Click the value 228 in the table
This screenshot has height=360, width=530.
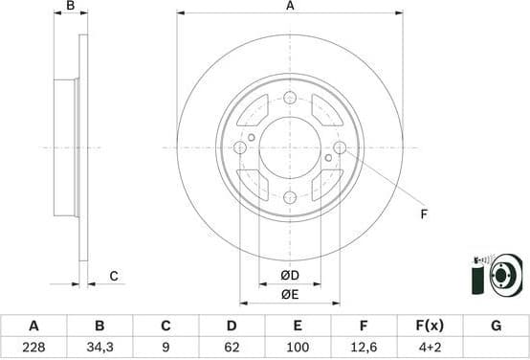click(x=33, y=349)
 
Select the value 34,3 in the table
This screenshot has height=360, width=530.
click(x=99, y=349)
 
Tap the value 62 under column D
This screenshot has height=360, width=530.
click(x=231, y=349)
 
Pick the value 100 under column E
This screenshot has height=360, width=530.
click(x=298, y=349)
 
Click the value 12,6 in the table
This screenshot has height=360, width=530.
click(x=364, y=349)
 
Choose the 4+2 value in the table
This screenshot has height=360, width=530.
click(x=430, y=349)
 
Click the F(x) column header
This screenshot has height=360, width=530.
click(x=430, y=326)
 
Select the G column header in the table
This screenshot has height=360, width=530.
click(x=496, y=326)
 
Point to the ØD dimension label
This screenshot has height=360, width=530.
click(x=290, y=277)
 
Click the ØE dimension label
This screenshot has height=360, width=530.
click(x=290, y=294)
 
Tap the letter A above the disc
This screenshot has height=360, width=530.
click(x=290, y=7)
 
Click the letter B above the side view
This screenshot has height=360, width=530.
click(x=70, y=7)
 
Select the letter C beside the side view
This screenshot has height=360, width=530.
click(x=113, y=277)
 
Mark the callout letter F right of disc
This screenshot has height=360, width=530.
click(x=424, y=214)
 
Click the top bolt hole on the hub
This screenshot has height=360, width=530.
click(x=290, y=97)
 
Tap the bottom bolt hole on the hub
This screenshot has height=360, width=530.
click(x=290, y=197)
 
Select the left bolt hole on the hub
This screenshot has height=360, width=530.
click(x=240, y=147)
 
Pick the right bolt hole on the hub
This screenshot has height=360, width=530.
click(x=340, y=147)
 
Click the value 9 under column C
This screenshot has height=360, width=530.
click(x=165, y=349)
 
